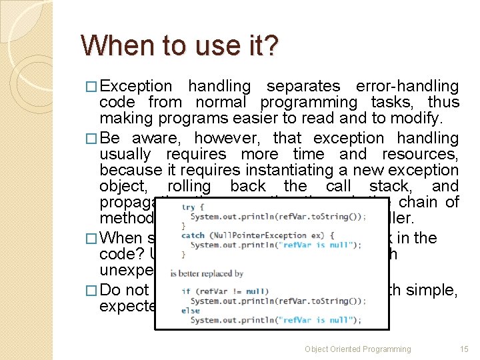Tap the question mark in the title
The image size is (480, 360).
271,46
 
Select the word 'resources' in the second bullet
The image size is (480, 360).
421,155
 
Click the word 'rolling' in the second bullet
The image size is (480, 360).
189,187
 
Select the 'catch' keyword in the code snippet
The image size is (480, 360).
193,235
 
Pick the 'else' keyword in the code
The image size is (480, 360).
190,310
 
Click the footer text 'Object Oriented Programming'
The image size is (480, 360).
358,349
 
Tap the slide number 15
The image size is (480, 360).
465,349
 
